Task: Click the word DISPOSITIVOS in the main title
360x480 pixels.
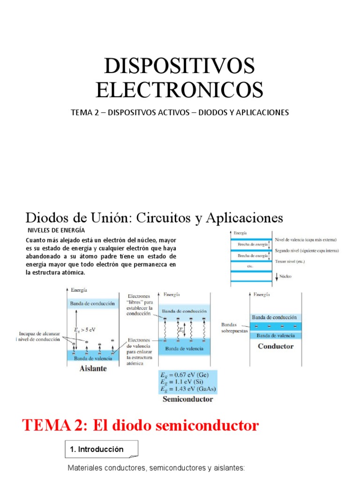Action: tap(180, 66)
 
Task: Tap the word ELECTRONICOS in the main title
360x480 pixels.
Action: tap(180, 90)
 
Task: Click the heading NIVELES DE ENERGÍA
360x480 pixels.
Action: tap(56, 230)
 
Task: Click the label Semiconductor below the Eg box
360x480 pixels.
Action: tap(187, 399)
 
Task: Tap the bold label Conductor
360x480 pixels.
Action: tap(276, 346)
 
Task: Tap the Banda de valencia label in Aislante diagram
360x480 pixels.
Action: tap(92, 358)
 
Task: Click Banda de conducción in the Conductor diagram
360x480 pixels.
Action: tap(274, 317)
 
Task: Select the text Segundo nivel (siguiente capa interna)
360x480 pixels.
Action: tap(307, 251)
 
